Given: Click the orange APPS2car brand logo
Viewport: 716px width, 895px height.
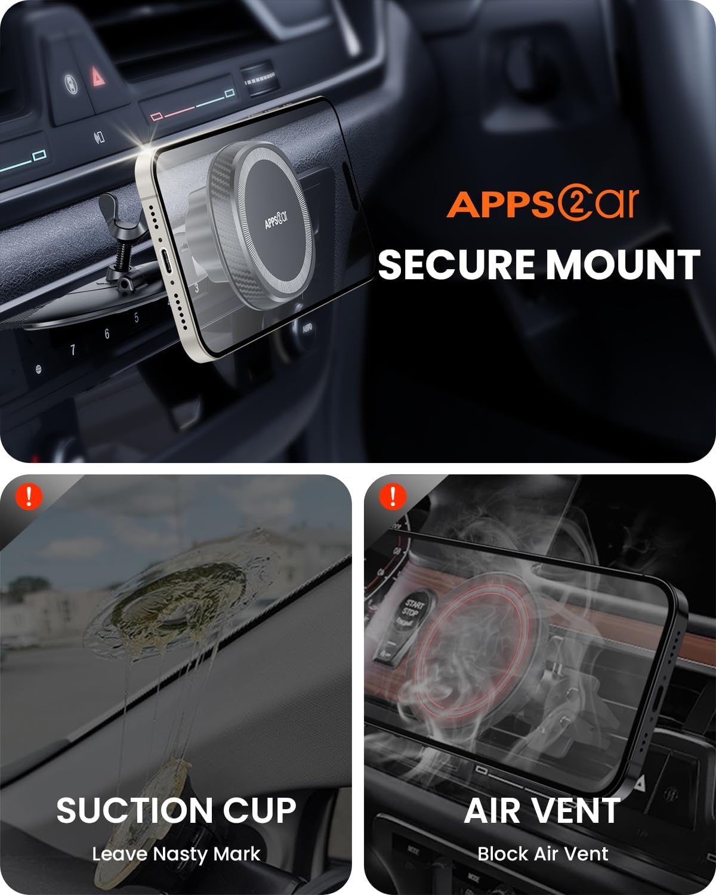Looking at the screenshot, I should (x=542, y=204).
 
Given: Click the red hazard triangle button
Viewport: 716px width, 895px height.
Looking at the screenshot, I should (x=95, y=75).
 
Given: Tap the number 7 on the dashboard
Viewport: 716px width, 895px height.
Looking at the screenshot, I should (x=73, y=350).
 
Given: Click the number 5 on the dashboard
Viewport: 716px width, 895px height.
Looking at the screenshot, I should (x=137, y=318).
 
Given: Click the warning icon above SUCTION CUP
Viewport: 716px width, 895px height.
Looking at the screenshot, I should (x=29, y=496).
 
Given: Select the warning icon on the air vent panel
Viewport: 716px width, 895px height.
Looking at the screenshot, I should (x=392, y=496).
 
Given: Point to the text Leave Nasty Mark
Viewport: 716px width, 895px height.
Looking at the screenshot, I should (x=176, y=854).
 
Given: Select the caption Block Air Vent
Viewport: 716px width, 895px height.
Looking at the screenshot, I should (x=542, y=854).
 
